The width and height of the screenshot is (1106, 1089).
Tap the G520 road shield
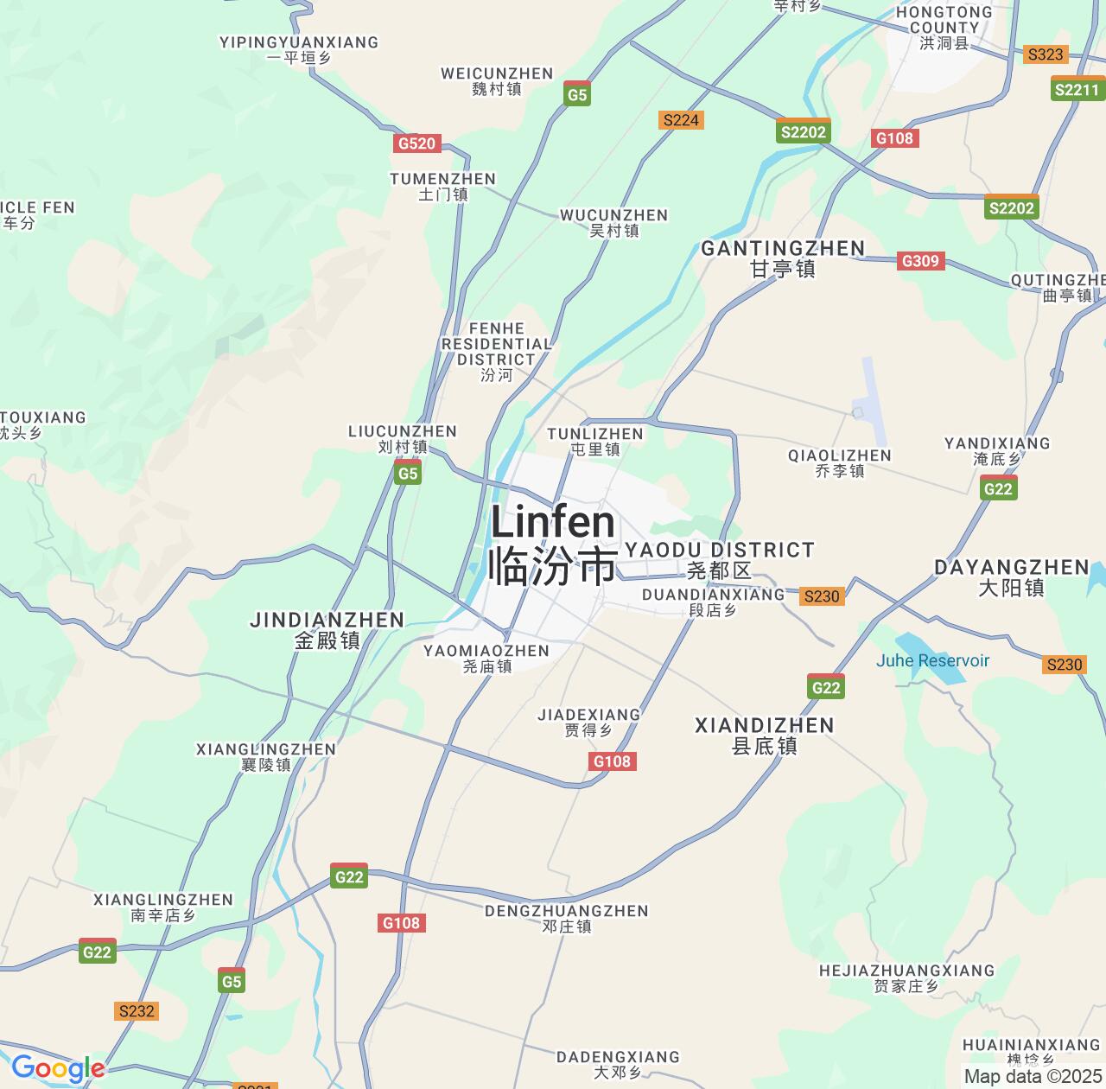416,143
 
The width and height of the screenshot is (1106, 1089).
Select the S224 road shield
681,120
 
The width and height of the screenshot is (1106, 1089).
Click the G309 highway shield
919,261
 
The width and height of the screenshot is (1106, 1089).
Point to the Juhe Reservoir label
932,660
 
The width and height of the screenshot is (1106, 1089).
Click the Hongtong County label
944,27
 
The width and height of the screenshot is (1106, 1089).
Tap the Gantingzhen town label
783,258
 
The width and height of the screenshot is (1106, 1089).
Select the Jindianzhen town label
327,630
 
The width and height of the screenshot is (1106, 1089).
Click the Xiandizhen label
765,735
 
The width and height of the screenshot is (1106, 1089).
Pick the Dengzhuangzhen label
566,918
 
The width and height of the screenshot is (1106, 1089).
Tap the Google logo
57,1068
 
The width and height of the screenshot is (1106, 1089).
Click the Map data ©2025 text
1033,1077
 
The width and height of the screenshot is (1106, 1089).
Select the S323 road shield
1045,54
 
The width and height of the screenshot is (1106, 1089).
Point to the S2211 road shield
1077,89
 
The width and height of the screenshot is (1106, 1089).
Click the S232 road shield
137,1011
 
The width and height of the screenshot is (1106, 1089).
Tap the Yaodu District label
719,559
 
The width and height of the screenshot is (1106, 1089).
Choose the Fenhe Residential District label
496,351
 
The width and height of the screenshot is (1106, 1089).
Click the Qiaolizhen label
839,462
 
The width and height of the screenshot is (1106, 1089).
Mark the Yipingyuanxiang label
299,50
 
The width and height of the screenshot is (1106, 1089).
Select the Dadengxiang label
618,1064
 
